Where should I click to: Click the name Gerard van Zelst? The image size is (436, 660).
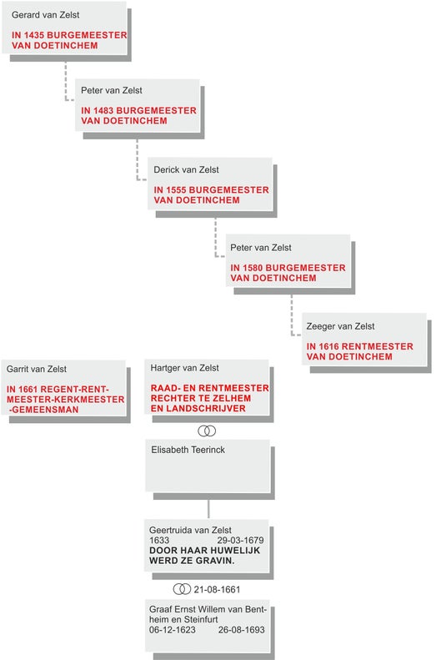tap(45, 15)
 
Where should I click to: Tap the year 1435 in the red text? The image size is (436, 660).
tap(33, 35)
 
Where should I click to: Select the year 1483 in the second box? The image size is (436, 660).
tap(103, 111)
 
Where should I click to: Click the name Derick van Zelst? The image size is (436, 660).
tap(186, 169)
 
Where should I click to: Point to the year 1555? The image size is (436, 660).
tap(176, 190)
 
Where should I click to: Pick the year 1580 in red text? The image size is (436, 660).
tap(253, 268)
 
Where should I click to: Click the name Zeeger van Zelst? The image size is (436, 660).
tap(341, 326)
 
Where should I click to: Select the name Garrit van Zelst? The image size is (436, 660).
tap(37, 369)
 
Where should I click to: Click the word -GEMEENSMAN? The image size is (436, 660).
tap(43, 410)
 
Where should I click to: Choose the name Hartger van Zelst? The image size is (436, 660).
tap(184, 368)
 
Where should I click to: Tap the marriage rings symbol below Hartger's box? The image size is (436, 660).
tap(207, 431)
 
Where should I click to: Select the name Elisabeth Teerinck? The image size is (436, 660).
tap(188, 450)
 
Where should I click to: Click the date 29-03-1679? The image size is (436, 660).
tap(240, 540)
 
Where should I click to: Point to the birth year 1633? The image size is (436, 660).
tap(159, 540)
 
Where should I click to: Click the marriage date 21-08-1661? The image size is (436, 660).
tap(217, 589)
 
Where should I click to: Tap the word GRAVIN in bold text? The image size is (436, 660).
tap(213, 561)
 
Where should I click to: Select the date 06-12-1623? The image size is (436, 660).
tap(173, 630)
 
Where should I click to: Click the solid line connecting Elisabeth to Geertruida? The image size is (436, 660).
tap(208, 509)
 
